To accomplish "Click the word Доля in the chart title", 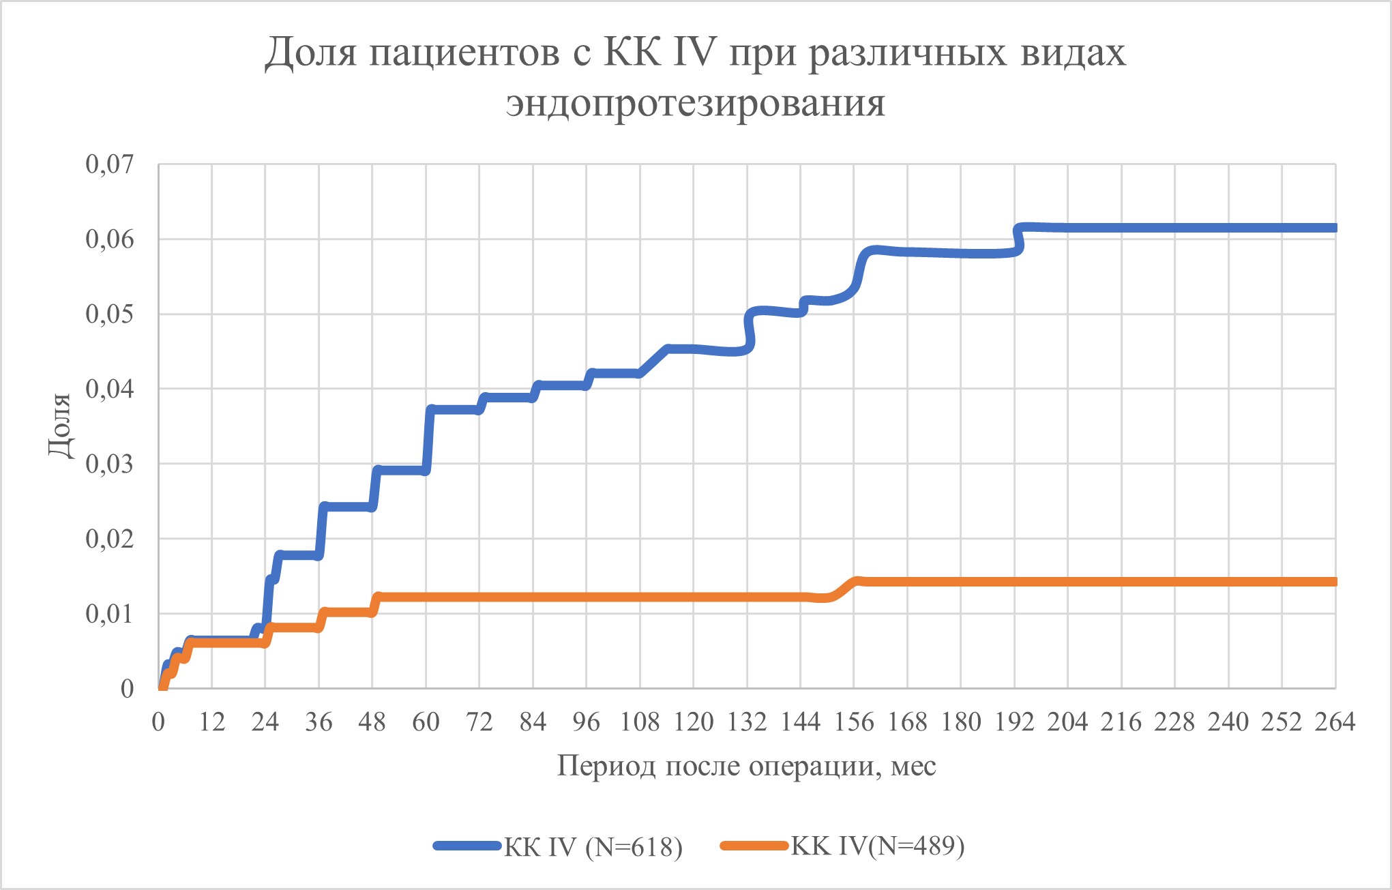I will [x=310, y=53].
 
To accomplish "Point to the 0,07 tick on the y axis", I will [x=109, y=164].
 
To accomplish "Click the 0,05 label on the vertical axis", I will [x=109, y=314].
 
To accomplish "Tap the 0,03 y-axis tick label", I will [x=109, y=464].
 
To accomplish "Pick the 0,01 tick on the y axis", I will [x=109, y=614].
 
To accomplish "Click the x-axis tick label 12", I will [x=212, y=722].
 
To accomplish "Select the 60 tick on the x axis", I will [x=426, y=722].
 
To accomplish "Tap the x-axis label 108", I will [x=640, y=722].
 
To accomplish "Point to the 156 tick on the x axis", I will [x=854, y=722].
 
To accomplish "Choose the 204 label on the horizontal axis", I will [x=1067, y=722].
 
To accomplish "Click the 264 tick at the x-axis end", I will [x=1335, y=722].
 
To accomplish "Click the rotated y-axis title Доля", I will [x=60, y=426].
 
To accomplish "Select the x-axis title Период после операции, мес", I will [x=746, y=766].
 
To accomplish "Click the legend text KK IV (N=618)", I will [x=593, y=846].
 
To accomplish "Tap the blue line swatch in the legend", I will [x=468, y=846].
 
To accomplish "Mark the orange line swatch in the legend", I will [x=754, y=846].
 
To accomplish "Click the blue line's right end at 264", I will [x=1333, y=228].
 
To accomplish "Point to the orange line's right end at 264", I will [x=1333, y=582].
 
